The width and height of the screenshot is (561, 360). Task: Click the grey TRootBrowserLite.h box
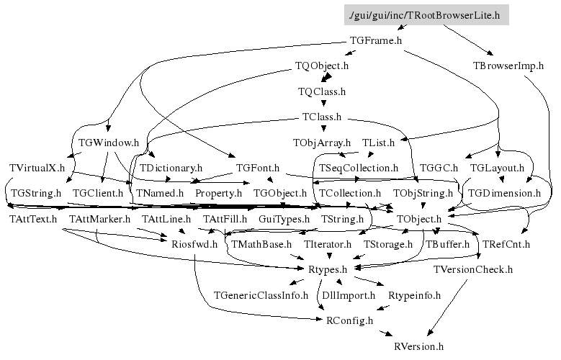(426, 15)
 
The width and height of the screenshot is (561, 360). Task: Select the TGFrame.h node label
(376, 40)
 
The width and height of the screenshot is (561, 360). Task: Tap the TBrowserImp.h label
(508, 66)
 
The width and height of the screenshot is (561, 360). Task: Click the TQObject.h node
(322, 66)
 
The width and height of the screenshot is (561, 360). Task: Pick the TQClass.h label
(322, 91)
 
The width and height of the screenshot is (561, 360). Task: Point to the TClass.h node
(322, 117)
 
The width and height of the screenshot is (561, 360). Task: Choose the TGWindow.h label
(109, 143)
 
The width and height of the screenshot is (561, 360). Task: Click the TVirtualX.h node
(37, 168)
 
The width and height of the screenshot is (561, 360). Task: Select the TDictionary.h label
(171, 168)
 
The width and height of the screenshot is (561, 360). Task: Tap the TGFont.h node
(258, 168)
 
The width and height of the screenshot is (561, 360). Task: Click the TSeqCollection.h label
(358, 168)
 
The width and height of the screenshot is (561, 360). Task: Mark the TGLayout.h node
(497, 168)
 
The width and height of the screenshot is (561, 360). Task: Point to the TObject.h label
(418, 219)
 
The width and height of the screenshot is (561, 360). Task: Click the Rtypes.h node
(328, 269)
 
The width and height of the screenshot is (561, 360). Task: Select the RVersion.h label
(418, 346)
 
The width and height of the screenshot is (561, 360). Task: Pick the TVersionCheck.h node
(472, 269)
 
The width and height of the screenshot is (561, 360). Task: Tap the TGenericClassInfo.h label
(261, 295)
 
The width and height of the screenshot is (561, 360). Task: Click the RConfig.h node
(349, 320)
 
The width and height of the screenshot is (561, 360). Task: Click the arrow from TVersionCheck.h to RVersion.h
(447, 307)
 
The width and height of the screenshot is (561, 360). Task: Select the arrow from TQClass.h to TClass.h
(324, 102)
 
